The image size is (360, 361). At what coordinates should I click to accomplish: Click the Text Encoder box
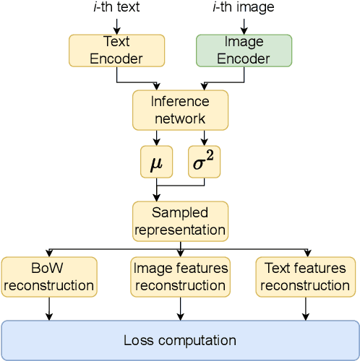point(116,51)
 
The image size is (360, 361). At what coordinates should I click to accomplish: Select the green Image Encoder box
point(244,51)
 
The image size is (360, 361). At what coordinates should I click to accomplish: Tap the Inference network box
point(180,110)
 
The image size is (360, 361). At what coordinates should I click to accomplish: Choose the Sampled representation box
point(180,221)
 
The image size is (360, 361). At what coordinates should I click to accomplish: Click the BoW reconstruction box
point(49,277)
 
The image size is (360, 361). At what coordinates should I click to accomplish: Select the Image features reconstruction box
point(180,277)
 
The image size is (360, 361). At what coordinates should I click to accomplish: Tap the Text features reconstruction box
point(306,277)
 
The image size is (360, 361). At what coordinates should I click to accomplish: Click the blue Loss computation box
point(180,339)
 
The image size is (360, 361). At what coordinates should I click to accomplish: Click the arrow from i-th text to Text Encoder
point(116,25)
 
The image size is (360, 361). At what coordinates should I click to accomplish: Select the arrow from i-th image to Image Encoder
point(244,25)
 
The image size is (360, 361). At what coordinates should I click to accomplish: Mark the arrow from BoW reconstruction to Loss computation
point(49,308)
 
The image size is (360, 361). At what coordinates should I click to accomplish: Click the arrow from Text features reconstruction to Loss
point(306,308)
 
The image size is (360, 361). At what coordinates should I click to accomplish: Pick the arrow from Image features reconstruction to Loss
point(180,308)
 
